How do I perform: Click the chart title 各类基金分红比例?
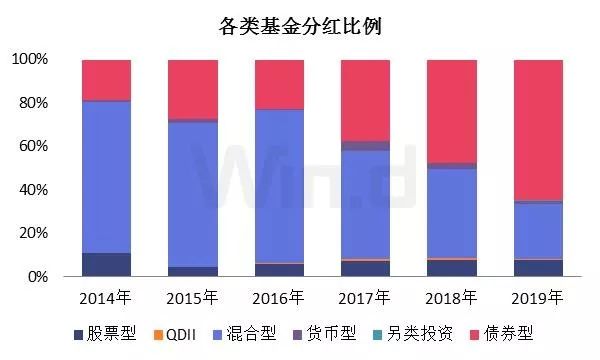click(x=300, y=26)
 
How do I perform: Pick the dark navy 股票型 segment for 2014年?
click(x=107, y=265)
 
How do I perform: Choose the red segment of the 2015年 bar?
click(x=193, y=89)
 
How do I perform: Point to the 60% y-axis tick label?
click(x=33, y=146)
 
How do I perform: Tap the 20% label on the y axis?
click(x=33, y=233)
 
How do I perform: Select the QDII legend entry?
click(x=191, y=335)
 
